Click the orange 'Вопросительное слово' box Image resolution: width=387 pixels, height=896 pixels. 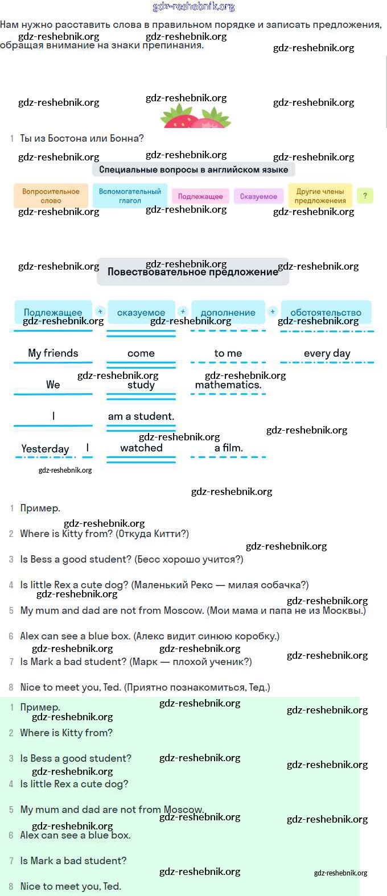[51, 196]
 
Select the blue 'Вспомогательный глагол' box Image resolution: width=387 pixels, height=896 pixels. [130, 196]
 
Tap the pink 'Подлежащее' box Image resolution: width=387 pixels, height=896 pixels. [200, 196]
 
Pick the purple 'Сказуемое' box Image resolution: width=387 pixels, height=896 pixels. [258, 196]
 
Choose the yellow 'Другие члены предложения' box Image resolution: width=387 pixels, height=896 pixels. [320, 196]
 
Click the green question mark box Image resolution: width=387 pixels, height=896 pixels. [365, 196]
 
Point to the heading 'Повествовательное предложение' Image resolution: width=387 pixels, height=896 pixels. [193, 272]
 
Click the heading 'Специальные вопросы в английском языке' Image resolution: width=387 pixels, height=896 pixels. [193, 170]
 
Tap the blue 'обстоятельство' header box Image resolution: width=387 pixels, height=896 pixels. [326, 312]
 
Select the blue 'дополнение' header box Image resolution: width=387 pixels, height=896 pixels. [228, 312]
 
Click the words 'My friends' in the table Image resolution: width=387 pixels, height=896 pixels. [53, 353]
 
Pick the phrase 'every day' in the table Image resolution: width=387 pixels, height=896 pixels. [327, 353]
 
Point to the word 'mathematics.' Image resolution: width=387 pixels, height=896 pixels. [228, 385]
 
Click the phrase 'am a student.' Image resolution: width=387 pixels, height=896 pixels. [141, 416]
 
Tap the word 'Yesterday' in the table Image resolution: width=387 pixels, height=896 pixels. [45, 449]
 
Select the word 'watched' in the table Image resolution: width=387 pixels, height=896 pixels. [141, 448]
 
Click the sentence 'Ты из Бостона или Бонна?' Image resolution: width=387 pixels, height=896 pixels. [82, 138]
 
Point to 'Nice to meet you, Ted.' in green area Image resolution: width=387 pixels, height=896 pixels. [71, 886]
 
